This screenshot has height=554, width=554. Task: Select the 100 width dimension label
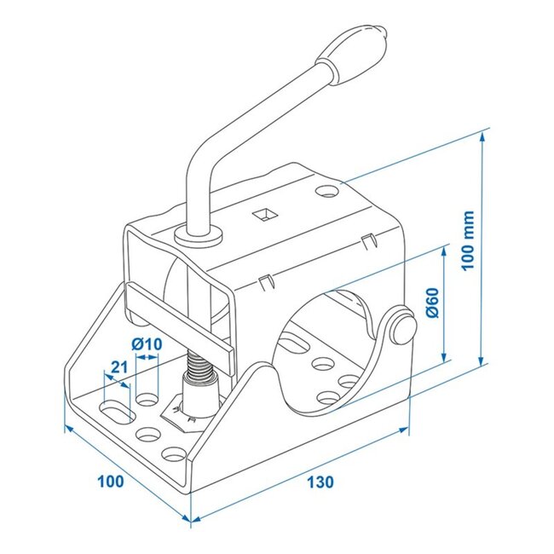[109, 481]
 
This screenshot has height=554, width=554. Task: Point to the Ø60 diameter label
[430, 303]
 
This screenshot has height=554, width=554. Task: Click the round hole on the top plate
[327, 191]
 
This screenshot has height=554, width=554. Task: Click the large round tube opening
[328, 341]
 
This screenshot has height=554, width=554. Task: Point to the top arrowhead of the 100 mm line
[485, 136]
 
